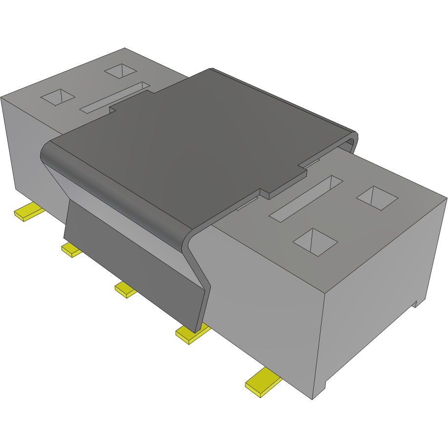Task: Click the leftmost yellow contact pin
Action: click(29, 212)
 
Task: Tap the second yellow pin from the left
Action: click(71, 250)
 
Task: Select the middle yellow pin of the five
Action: click(126, 290)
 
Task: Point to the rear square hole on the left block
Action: click(120, 71)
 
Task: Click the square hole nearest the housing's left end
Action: click(58, 97)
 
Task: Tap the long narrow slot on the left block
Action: click(115, 97)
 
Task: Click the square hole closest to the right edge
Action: click(378, 198)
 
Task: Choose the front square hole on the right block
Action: click(316, 243)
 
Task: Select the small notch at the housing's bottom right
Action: click(416, 304)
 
